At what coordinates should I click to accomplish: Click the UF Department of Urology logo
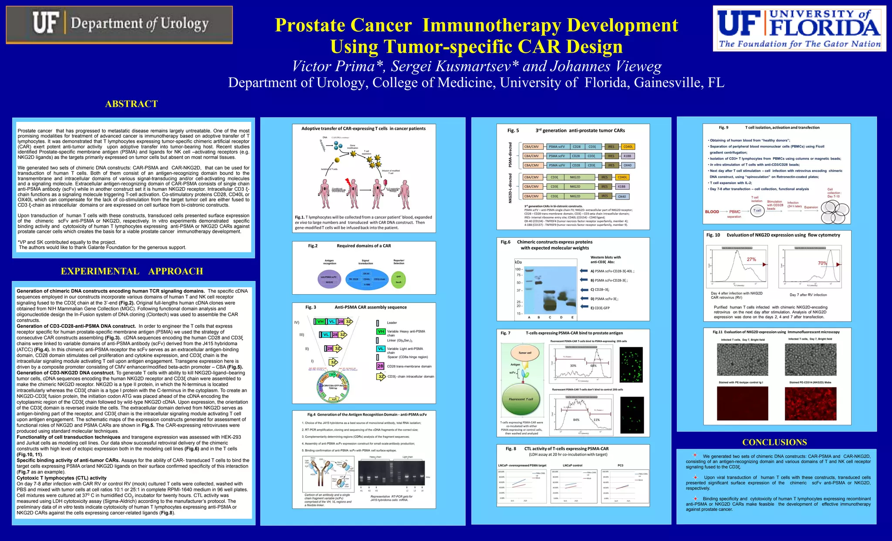119,24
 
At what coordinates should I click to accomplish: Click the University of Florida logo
799,29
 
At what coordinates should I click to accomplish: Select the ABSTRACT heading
131,104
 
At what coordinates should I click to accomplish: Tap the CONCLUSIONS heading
774,442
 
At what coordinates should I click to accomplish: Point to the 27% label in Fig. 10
751,259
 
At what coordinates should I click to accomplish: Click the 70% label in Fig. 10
822,263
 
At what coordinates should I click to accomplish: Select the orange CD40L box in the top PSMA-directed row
628,147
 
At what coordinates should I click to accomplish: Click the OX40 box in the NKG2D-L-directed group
622,196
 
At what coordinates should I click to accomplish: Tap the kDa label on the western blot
518,262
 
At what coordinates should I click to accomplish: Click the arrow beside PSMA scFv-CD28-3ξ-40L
584,271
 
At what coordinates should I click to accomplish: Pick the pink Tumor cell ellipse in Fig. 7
525,353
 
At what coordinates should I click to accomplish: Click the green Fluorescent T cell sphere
523,399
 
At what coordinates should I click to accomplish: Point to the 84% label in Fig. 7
576,420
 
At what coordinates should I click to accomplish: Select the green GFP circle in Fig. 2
398,279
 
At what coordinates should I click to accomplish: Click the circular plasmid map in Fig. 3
333,386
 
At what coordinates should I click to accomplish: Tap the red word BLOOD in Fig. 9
712,212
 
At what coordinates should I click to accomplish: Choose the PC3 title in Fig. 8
620,465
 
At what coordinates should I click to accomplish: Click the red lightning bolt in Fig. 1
348,182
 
